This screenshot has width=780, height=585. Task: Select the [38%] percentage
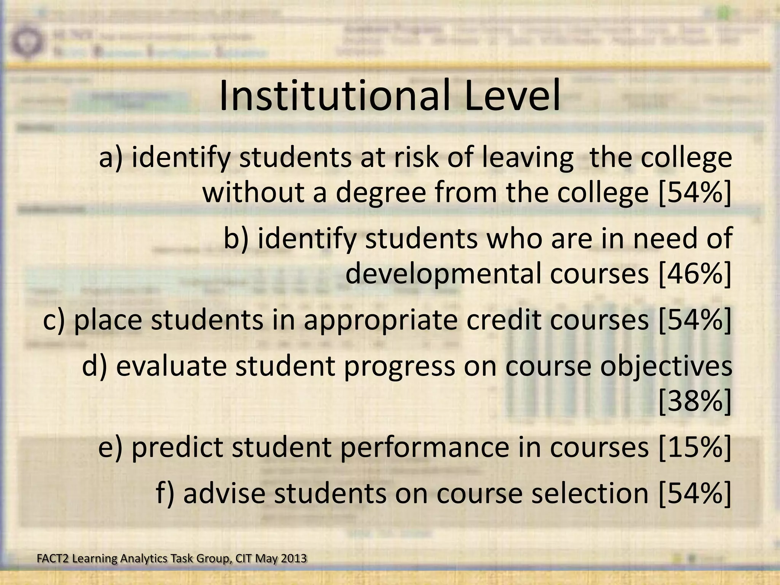(x=694, y=402)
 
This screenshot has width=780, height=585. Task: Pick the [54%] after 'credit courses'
(x=694, y=320)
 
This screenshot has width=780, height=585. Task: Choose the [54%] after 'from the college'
(x=694, y=192)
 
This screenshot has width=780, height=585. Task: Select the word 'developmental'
(x=442, y=274)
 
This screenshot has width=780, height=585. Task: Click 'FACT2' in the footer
(x=53, y=558)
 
